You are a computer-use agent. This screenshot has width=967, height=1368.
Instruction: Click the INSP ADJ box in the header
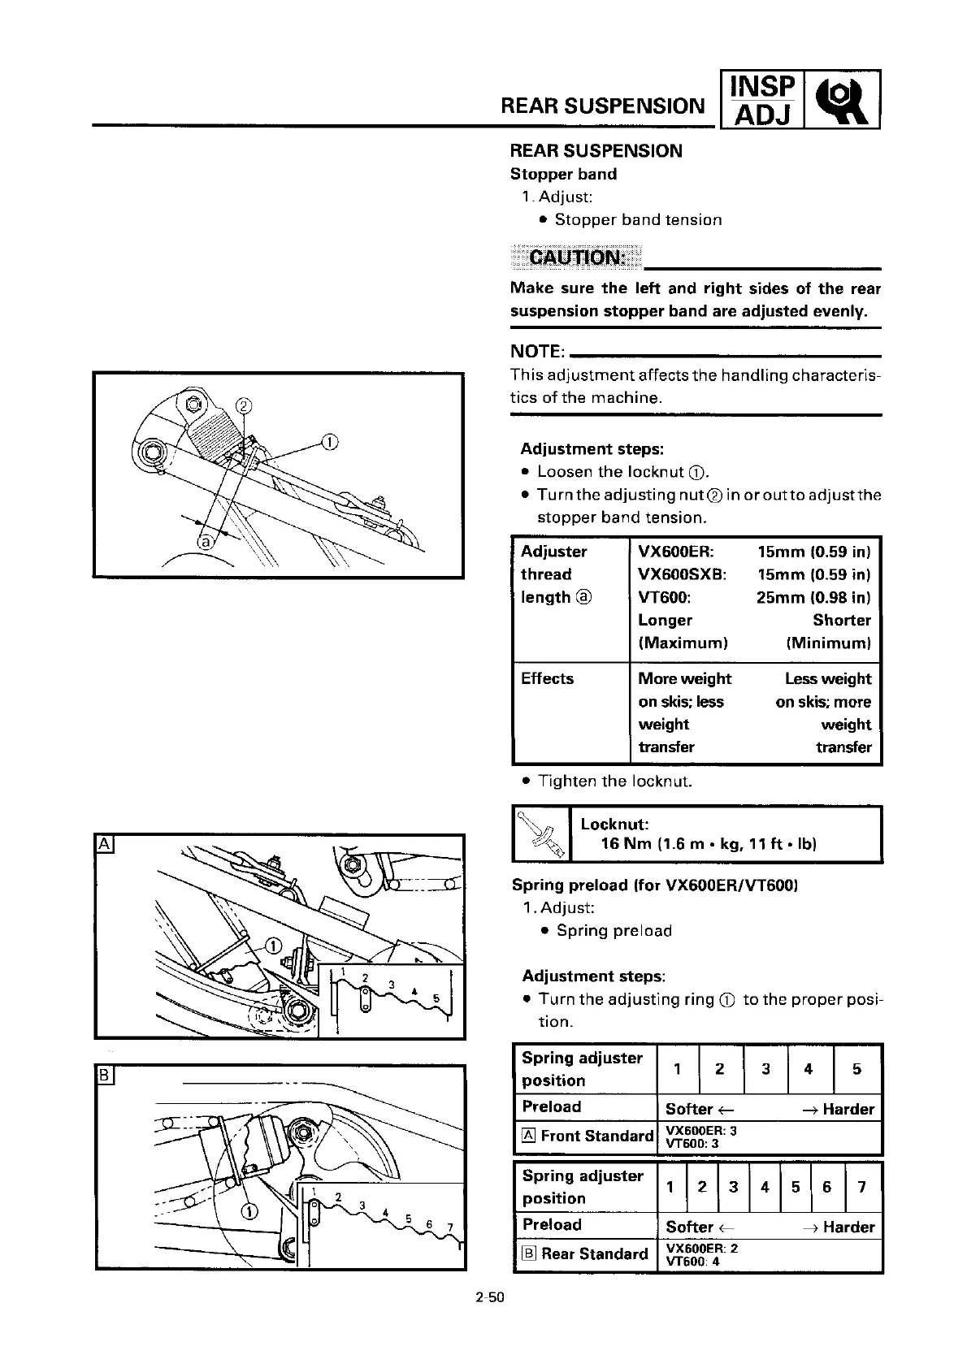pyautogui.click(x=761, y=99)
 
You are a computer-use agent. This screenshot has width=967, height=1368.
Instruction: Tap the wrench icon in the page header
pyautogui.click(x=843, y=99)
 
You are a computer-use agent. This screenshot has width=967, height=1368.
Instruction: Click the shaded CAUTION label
pyautogui.click(x=576, y=258)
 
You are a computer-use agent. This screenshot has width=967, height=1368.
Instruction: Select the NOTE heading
pyautogui.click(x=537, y=351)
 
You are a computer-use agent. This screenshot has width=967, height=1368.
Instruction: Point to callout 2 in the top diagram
pyautogui.click(x=243, y=406)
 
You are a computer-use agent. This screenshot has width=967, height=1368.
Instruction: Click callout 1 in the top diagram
pyautogui.click(x=329, y=442)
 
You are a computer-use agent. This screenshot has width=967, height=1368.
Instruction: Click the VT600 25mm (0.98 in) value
pyautogui.click(x=813, y=597)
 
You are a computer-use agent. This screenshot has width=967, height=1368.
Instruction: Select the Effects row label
pyautogui.click(x=547, y=678)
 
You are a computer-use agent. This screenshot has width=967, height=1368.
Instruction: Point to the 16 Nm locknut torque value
pyautogui.click(x=708, y=844)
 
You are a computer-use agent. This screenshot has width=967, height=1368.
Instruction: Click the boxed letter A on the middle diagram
pyautogui.click(x=105, y=844)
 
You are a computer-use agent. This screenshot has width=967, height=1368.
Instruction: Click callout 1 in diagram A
pyautogui.click(x=274, y=945)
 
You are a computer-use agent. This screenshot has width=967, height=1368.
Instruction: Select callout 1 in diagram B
pyautogui.click(x=250, y=1212)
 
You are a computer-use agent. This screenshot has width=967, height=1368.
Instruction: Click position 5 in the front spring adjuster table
pyautogui.click(x=856, y=1069)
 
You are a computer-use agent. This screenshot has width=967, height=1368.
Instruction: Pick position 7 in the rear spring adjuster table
pyautogui.click(x=862, y=1187)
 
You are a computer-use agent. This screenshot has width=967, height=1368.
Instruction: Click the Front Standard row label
pyautogui.click(x=588, y=1136)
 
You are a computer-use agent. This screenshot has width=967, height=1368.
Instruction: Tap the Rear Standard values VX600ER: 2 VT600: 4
pyautogui.click(x=701, y=1254)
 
